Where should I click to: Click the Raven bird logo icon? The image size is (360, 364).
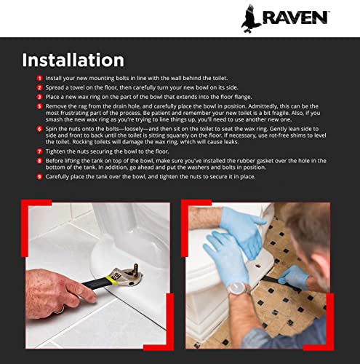coord(251,19)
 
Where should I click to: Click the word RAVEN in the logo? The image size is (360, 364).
coord(296,17)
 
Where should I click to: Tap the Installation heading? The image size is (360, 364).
coord(73,60)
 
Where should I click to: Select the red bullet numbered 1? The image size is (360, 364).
coord(39,78)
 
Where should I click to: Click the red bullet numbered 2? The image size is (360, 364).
coord(39,87)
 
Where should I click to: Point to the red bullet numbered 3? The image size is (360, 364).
coord(39,97)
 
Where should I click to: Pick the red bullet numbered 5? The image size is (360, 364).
coord(39,106)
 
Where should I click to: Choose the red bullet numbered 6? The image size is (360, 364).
coord(39,129)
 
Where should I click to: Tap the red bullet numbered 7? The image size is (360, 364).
coord(39,151)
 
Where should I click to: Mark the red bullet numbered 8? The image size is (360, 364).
coord(39,161)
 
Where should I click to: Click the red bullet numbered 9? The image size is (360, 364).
coord(39,177)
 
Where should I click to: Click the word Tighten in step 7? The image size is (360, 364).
coord(55,151)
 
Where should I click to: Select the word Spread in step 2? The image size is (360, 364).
coord(55,87)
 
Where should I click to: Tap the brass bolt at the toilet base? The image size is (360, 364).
coord(135,268)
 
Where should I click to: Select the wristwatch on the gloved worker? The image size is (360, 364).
coord(238,288)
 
